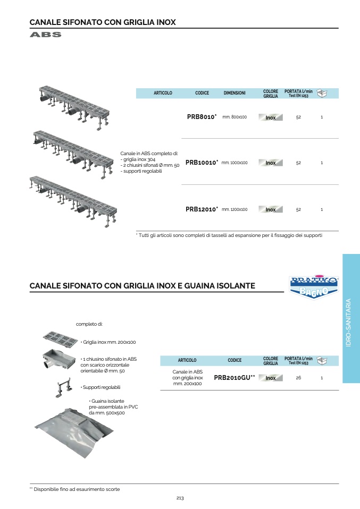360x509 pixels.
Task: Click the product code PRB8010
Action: coord(201,117)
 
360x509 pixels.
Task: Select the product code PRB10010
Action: coord(201,163)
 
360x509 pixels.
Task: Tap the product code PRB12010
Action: coord(201,209)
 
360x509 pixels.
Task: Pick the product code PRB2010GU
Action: coord(234,377)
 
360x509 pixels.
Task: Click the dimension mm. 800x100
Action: coord(235,117)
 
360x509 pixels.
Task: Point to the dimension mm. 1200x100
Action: coord(235,209)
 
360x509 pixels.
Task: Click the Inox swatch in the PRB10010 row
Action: coord(271,163)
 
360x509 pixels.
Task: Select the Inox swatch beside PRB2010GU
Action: coord(271,378)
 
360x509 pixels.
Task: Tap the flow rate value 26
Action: coord(298,378)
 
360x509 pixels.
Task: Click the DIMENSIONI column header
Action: coord(235,93)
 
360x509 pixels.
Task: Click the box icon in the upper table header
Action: coord(322,93)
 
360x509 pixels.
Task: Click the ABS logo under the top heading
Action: coord(46,35)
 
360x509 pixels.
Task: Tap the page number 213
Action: coord(180,498)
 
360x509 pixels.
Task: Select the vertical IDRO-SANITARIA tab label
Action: coord(349,323)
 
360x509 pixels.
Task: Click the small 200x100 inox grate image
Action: coord(60,337)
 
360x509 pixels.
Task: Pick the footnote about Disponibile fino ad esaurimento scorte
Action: coord(74,489)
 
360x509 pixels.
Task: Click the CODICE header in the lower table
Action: coord(235,360)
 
